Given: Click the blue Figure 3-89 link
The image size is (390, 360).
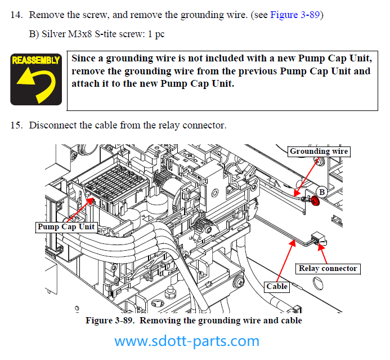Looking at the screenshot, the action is [x=295, y=15].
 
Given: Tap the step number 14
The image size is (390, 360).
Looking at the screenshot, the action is [x=16, y=15].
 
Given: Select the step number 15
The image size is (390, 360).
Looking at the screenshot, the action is [x=16, y=125].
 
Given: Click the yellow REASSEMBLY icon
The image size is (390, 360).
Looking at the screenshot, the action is [x=36, y=79].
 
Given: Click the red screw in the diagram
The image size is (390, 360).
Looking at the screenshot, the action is [x=315, y=201].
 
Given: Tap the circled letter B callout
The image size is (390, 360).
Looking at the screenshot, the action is [x=322, y=192].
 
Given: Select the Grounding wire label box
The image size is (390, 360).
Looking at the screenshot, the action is [x=319, y=152].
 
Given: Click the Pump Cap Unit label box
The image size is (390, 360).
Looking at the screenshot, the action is [x=66, y=227].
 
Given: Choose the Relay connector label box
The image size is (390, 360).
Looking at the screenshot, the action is [x=328, y=269].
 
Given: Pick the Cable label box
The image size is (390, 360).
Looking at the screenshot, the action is [x=277, y=287].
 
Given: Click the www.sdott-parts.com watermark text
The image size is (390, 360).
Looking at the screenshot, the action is [x=187, y=341].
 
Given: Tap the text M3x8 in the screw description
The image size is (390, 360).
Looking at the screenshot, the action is [x=80, y=34].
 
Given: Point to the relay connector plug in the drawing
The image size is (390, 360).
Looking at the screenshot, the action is [x=319, y=238].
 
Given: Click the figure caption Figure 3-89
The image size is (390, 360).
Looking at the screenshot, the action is [x=110, y=321].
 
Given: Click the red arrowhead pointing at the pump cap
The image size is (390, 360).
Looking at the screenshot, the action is [x=90, y=201].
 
